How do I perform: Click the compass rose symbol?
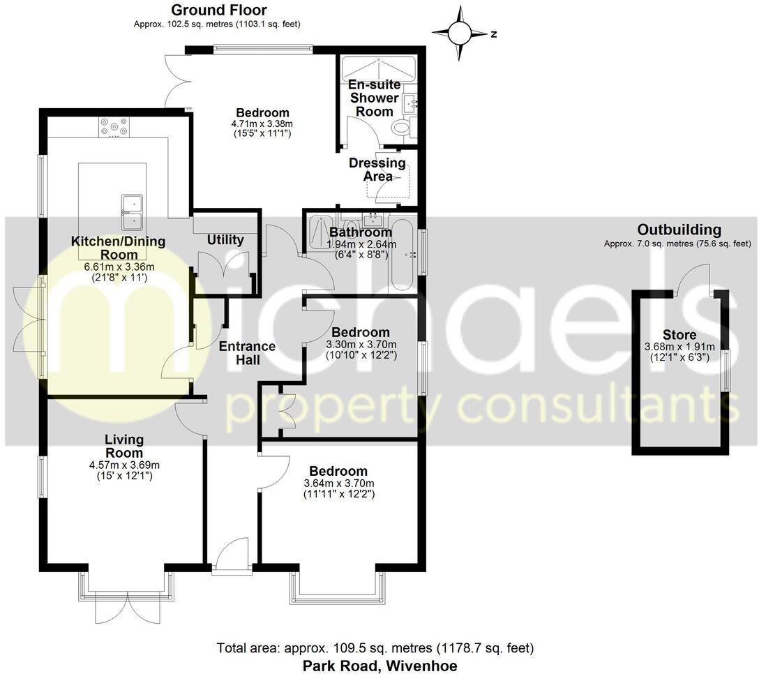click(x=460, y=33)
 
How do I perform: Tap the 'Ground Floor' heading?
click(x=218, y=10)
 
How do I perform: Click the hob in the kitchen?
click(x=114, y=126)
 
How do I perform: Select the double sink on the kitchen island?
click(x=132, y=212)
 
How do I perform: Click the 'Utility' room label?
click(x=225, y=240)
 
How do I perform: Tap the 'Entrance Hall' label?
click(x=248, y=352)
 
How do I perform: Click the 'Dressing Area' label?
click(x=377, y=170)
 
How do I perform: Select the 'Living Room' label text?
click(x=124, y=447)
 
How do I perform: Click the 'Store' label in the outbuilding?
click(x=679, y=335)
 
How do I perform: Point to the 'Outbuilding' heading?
click(x=679, y=230)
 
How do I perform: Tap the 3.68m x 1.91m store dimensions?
click(x=679, y=347)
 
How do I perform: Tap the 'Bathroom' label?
click(x=361, y=232)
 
